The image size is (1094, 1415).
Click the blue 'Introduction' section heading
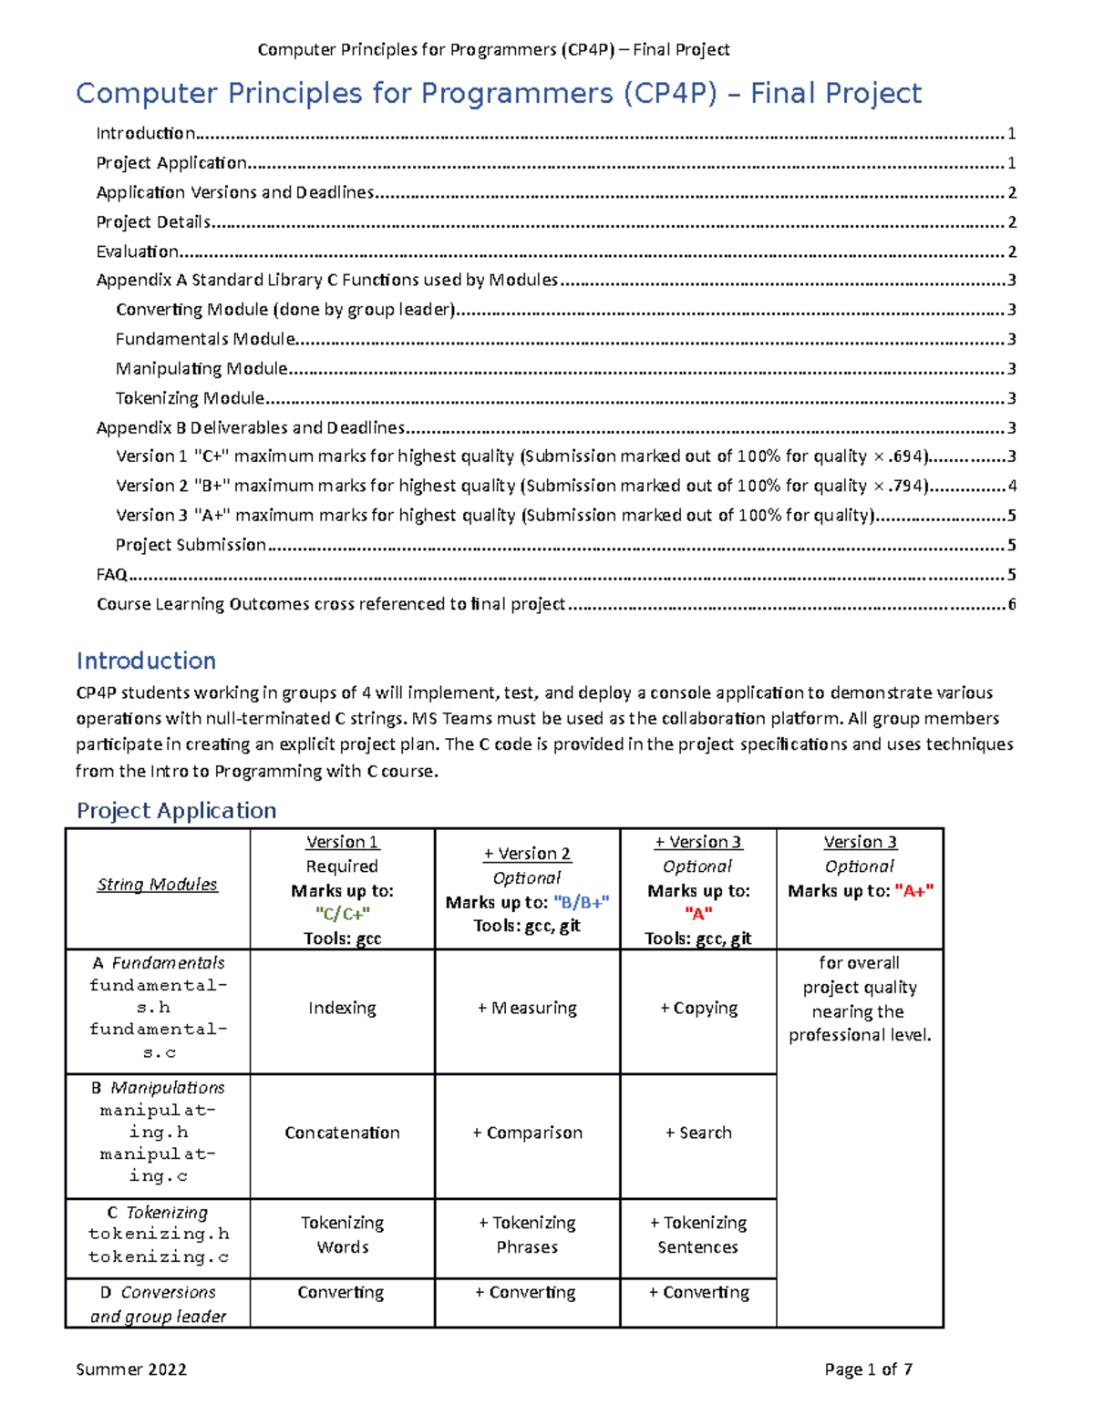tap(146, 661)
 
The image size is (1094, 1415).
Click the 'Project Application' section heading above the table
tap(176, 810)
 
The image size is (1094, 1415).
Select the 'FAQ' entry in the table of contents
tap(111, 574)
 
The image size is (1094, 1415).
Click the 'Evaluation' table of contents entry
tap(138, 251)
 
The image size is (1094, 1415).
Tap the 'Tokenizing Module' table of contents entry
tap(190, 398)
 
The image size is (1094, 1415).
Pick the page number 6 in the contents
tap(1011, 604)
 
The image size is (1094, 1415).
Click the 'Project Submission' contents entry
tap(191, 545)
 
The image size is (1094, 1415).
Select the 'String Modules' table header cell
tap(158, 885)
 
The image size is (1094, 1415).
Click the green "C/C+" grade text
tap(342, 914)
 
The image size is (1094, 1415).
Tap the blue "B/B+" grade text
tap(581, 902)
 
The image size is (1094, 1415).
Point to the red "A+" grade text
tap(914, 891)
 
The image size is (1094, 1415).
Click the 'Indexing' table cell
tap(342, 1008)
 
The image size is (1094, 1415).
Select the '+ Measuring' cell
tap(527, 1008)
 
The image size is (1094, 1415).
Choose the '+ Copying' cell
tap(698, 1008)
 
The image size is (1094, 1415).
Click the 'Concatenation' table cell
tap(342, 1133)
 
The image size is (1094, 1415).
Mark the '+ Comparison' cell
tap(527, 1133)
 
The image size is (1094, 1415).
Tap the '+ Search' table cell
tap(698, 1133)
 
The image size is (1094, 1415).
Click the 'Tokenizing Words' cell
tap(342, 1235)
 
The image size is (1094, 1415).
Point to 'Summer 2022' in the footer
tap(131, 1369)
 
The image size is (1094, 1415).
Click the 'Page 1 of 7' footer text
tap(868, 1369)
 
